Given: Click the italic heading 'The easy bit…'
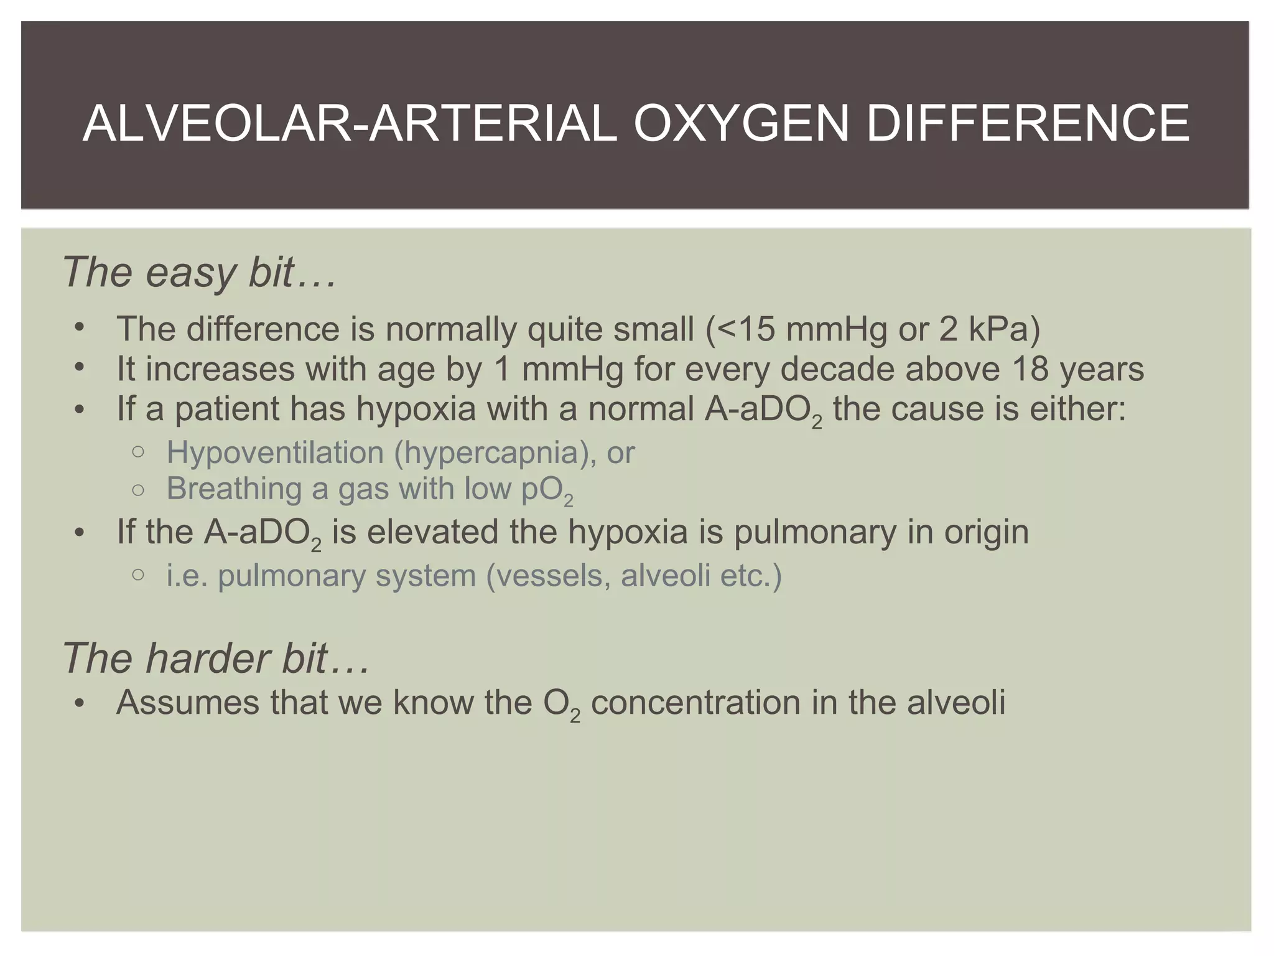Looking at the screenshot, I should point(199,272).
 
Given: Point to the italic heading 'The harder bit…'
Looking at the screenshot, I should point(216,658).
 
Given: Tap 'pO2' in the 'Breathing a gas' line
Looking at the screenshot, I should point(547,490).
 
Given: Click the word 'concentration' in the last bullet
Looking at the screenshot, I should point(695,702).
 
